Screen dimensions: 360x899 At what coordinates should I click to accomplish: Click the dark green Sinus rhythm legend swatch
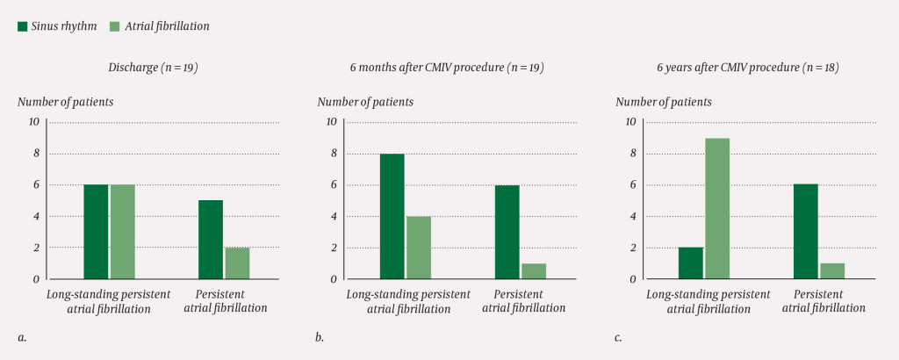click(x=24, y=26)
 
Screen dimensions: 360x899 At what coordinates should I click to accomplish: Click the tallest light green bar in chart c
click(x=717, y=209)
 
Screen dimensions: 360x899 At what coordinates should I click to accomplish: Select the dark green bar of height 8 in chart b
click(x=392, y=216)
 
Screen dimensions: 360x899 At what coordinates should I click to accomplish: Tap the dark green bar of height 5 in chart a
click(x=211, y=240)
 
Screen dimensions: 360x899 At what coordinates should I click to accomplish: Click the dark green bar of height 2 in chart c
click(x=691, y=263)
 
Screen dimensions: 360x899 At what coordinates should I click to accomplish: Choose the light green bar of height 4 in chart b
click(x=418, y=248)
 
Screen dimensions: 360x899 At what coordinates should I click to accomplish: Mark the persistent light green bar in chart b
click(x=533, y=271)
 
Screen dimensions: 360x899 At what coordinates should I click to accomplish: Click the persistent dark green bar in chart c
click(x=807, y=232)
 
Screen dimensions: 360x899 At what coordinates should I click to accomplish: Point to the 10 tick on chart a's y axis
click(x=33, y=122)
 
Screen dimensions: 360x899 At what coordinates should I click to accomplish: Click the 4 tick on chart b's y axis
click(x=332, y=216)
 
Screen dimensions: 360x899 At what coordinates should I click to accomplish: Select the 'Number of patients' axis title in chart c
click(x=664, y=102)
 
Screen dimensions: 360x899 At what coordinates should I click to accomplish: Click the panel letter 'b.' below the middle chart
click(x=320, y=337)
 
